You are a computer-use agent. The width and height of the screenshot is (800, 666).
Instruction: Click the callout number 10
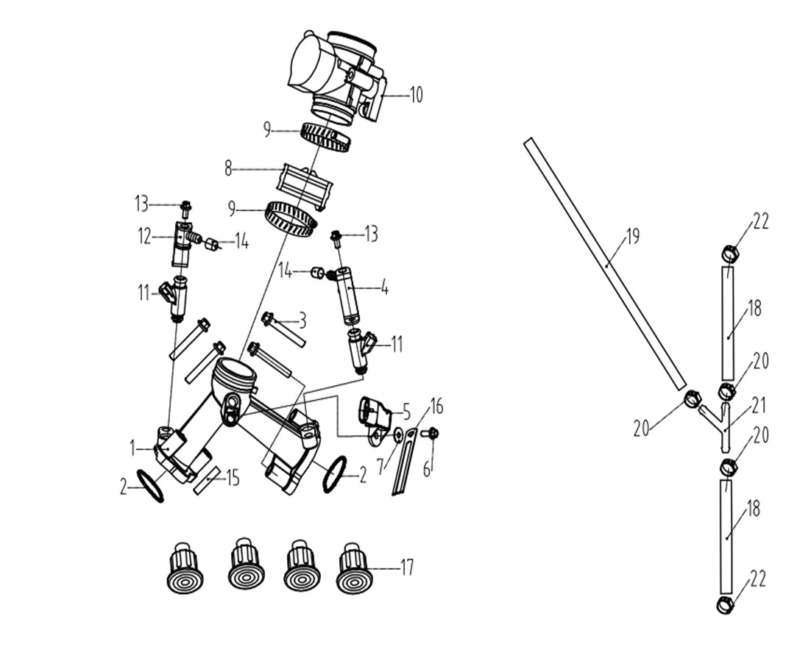[417, 95]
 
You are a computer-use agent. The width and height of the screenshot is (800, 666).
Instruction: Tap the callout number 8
[229, 168]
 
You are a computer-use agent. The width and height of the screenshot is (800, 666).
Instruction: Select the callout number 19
[633, 237]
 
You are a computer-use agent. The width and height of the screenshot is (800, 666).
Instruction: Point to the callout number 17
[407, 567]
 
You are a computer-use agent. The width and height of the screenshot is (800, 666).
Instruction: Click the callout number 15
[233, 478]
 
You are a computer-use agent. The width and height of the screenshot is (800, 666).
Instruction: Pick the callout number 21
[760, 406]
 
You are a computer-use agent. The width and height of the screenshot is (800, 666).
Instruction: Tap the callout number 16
[436, 406]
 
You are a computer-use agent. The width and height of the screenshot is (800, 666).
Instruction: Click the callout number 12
[144, 236]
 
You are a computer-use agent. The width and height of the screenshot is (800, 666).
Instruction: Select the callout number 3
[302, 321]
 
